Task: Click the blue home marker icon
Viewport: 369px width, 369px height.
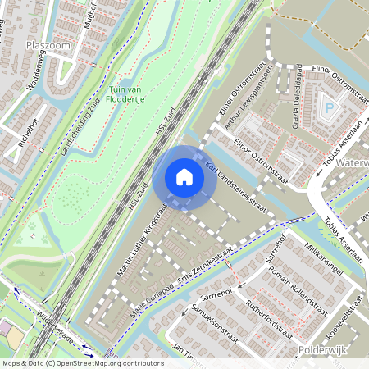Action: click(184, 177)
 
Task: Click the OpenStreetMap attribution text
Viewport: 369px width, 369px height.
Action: click(82, 362)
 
